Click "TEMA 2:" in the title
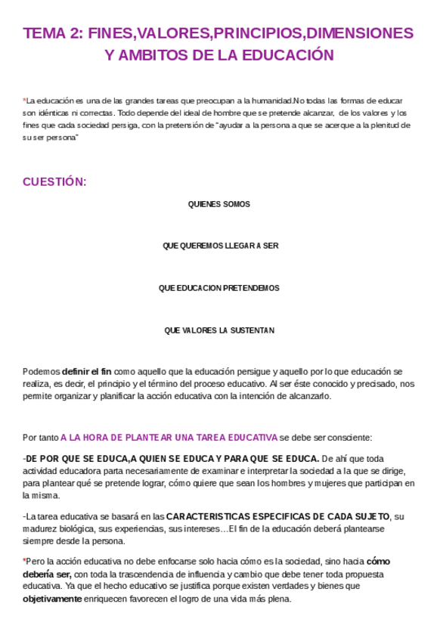[52, 33]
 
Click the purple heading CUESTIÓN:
[54, 182]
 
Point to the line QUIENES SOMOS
[218, 204]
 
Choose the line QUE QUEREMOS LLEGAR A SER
[221, 246]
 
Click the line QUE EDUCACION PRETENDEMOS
[219, 289]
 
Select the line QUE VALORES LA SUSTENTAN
[219, 330]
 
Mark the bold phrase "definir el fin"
[87, 372]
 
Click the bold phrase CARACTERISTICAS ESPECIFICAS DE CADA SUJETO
[277, 516]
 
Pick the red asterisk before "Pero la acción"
[24, 561]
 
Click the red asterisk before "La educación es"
[24, 100]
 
